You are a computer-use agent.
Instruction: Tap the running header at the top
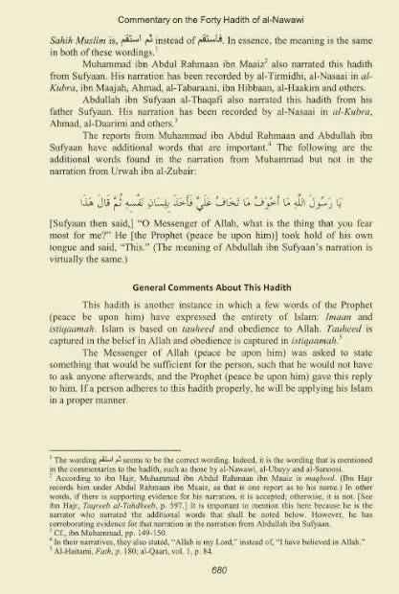(199, 14)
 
